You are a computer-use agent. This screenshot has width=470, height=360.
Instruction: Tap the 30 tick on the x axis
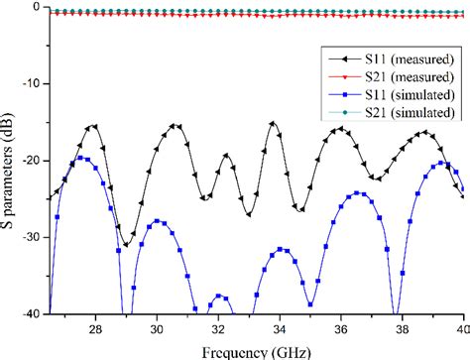tap(157, 328)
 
